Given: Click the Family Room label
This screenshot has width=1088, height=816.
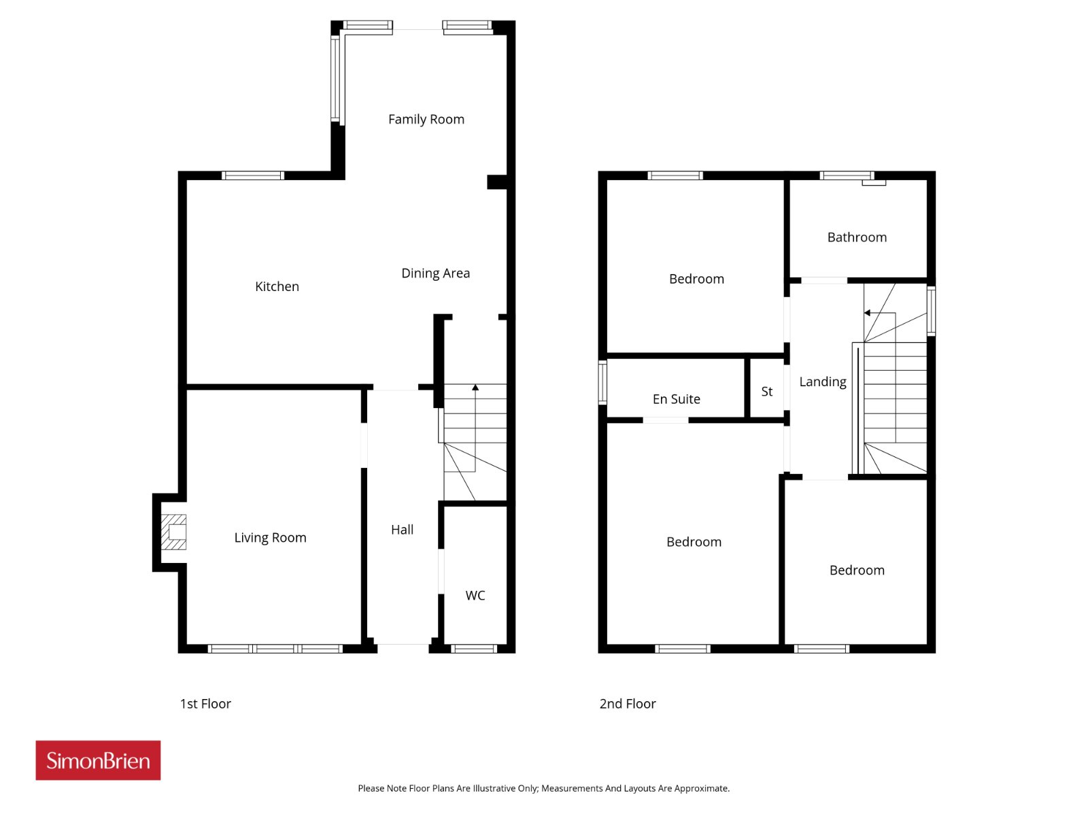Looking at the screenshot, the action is pyautogui.click(x=426, y=120).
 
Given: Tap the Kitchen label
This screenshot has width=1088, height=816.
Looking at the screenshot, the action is pyautogui.click(x=277, y=286).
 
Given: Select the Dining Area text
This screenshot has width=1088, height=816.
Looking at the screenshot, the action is pyautogui.click(x=436, y=273).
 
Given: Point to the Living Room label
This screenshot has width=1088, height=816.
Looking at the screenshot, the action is pyautogui.click(x=270, y=538).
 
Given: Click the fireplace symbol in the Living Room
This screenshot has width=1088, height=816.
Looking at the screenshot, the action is pyautogui.click(x=173, y=532).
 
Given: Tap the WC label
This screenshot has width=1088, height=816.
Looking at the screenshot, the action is pyautogui.click(x=475, y=596).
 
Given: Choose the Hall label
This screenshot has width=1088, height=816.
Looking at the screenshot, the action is pyautogui.click(x=402, y=530).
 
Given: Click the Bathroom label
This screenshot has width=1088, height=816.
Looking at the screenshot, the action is pyautogui.click(x=857, y=237).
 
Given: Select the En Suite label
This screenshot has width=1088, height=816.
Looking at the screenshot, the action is pyautogui.click(x=676, y=399).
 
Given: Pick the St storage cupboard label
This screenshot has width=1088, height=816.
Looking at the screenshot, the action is pyautogui.click(x=767, y=392).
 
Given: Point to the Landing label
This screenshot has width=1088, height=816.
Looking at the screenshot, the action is pyautogui.click(x=823, y=382).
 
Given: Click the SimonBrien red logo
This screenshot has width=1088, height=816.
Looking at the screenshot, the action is pyautogui.click(x=98, y=760).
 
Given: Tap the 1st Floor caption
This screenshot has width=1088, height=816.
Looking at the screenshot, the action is pyautogui.click(x=205, y=704).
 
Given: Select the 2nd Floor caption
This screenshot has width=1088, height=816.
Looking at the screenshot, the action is pyautogui.click(x=628, y=704).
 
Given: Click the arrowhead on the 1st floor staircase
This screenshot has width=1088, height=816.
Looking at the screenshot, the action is pyautogui.click(x=475, y=388).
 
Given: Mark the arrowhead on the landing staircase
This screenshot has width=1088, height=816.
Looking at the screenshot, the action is pyautogui.click(x=867, y=313).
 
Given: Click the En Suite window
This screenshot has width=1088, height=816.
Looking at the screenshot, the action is pyautogui.click(x=602, y=382).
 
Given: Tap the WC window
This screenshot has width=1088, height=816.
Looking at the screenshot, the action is pyautogui.click(x=474, y=649).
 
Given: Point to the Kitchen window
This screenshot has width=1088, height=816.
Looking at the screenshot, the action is pyautogui.click(x=253, y=175).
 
